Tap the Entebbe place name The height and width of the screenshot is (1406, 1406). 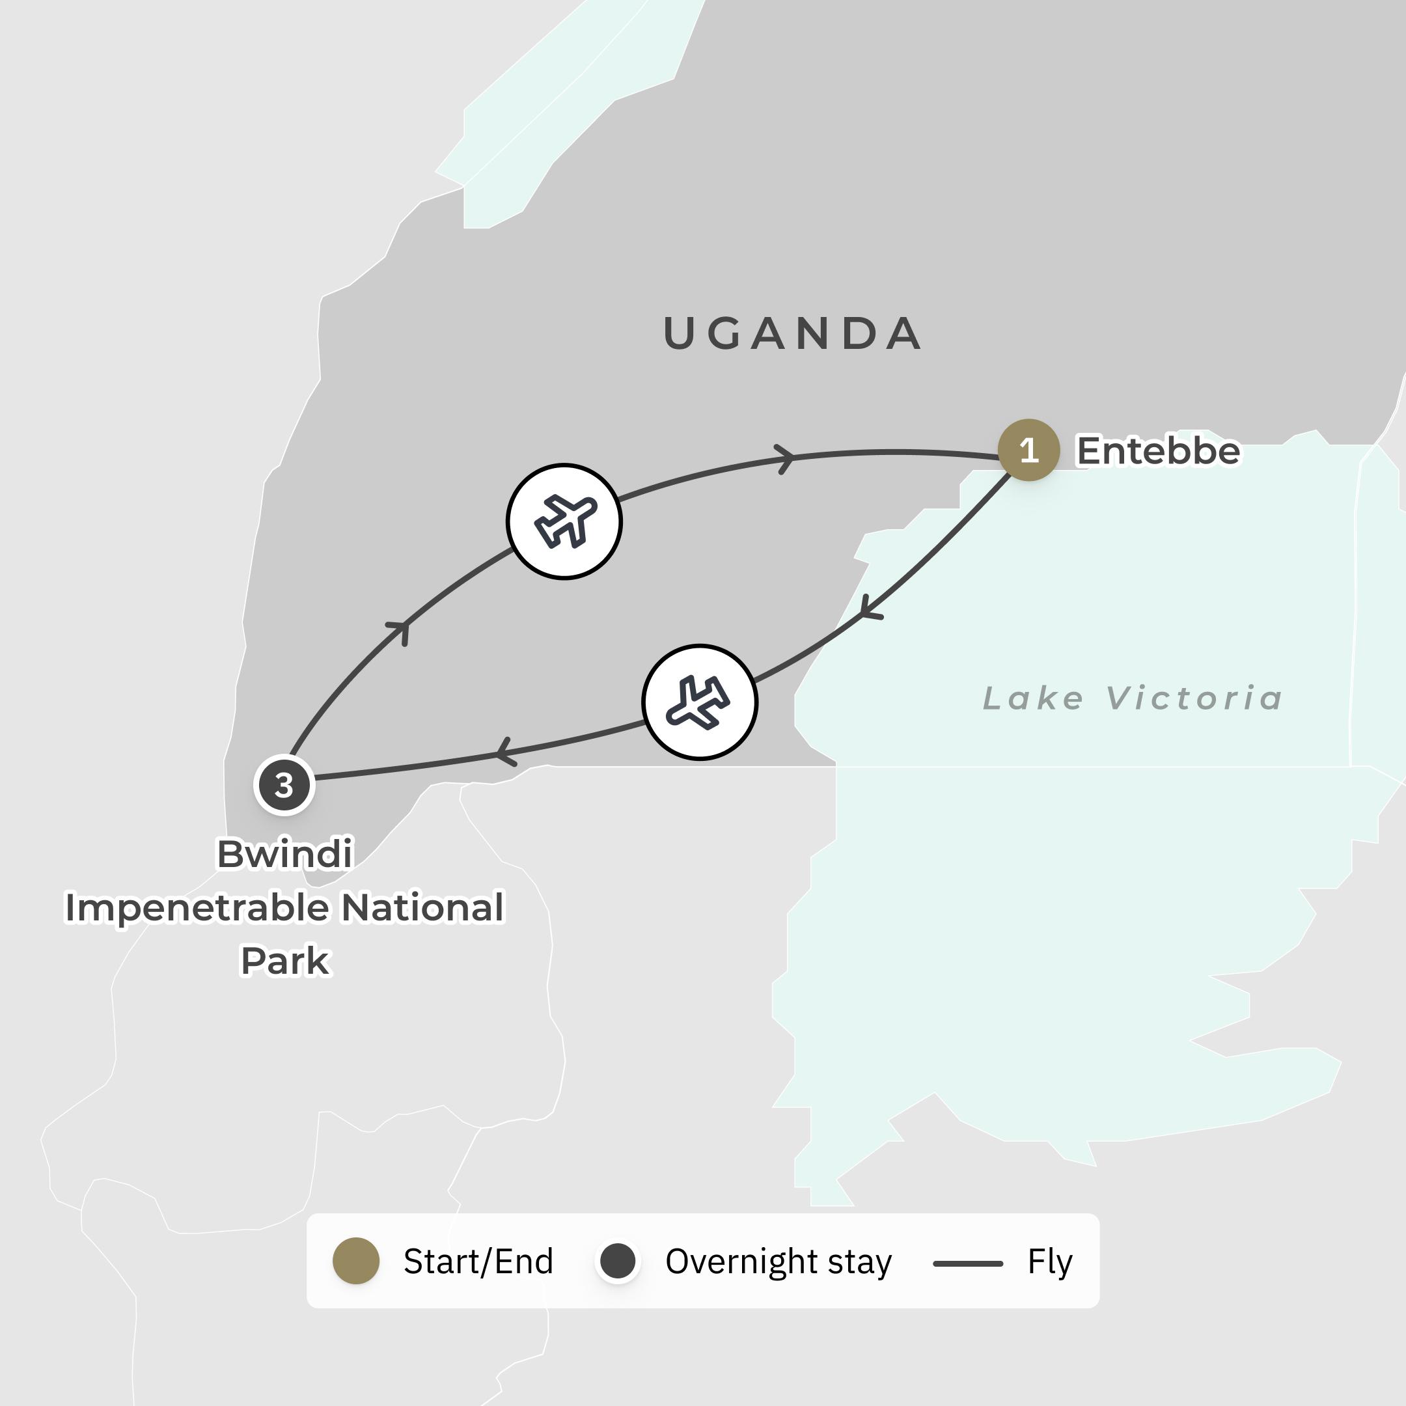tap(1158, 450)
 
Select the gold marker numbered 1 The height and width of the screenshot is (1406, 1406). tap(1028, 450)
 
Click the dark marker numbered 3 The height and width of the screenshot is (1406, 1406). tap(284, 785)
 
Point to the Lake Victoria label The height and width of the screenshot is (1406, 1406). tap(1132, 698)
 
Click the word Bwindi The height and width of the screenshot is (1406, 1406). tap(284, 853)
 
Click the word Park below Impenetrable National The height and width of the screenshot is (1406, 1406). tap(284, 961)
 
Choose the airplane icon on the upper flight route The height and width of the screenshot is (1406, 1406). tap(564, 521)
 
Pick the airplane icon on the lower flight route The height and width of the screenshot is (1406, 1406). tap(699, 702)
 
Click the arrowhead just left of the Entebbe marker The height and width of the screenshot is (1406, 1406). tap(786, 458)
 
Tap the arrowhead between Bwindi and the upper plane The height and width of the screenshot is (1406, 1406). tap(401, 630)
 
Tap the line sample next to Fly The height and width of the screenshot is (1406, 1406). tap(967, 1263)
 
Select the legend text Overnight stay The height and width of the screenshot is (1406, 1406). tap(778, 1261)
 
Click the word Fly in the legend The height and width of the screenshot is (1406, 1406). tap(1049, 1261)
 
